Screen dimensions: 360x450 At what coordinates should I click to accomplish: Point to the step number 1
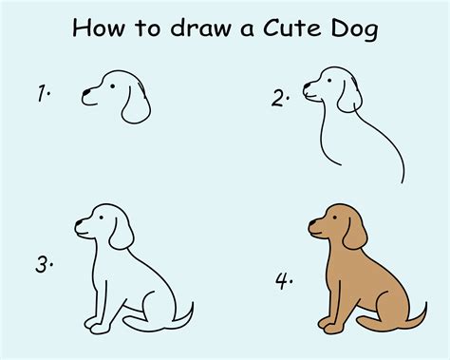(43, 92)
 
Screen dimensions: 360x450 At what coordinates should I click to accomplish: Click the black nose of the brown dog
(311, 228)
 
